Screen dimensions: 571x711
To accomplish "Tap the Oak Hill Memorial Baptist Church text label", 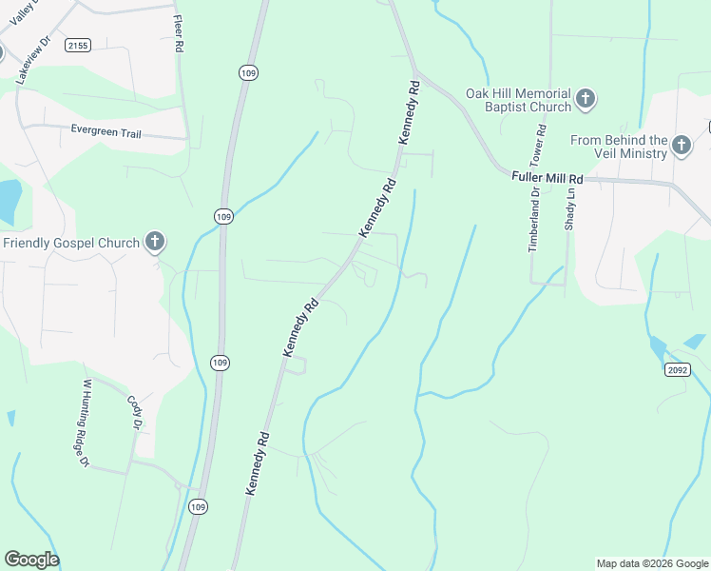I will [x=518, y=100].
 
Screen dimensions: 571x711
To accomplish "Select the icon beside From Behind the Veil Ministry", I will [x=681, y=145].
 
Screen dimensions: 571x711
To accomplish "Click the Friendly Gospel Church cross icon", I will [x=154, y=243].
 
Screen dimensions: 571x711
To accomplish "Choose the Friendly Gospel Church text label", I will [x=71, y=243].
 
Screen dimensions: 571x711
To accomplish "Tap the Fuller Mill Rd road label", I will [x=546, y=177].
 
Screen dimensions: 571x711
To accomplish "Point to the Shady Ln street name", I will [x=570, y=208].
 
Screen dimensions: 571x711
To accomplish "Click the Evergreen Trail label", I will [x=106, y=133].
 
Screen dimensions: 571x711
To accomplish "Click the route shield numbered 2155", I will [x=78, y=45].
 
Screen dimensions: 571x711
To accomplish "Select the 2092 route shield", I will [x=677, y=370].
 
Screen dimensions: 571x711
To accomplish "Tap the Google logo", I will [x=31, y=560].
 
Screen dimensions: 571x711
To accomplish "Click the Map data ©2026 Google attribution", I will [x=652, y=563].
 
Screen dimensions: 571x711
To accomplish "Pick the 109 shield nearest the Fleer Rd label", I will [x=247, y=73].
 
